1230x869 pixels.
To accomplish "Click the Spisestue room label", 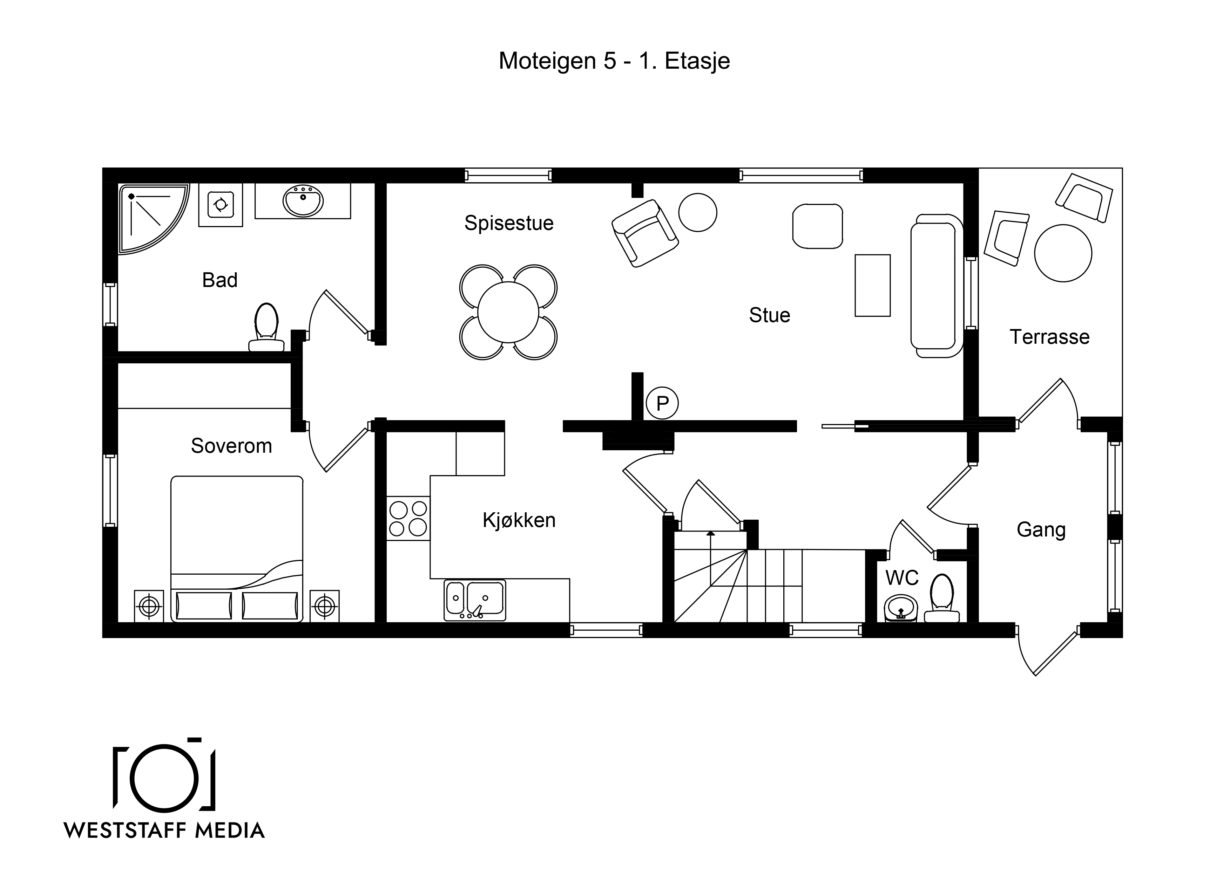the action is pyautogui.click(x=508, y=223).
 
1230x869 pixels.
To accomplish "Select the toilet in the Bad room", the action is pyautogui.click(x=266, y=327).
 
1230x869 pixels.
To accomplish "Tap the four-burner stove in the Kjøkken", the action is pyautogui.click(x=408, y=518).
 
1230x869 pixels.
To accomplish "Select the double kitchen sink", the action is pyautogui.click(x=475, y=601).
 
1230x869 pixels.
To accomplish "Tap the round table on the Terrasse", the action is pyautogui.click(x=1063, y=253).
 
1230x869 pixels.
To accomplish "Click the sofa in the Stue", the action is pyautogui.click(x=937, y=286).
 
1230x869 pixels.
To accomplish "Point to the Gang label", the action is pyautogui.click(x=1041, y=529).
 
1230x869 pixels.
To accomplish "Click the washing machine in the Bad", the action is pyautogui.click(x=221, y=205).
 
